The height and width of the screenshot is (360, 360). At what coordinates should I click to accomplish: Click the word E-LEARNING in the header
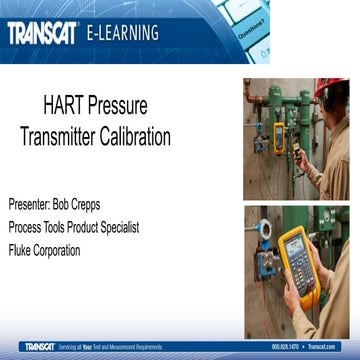pyautogui.click(x=123, y=33)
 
